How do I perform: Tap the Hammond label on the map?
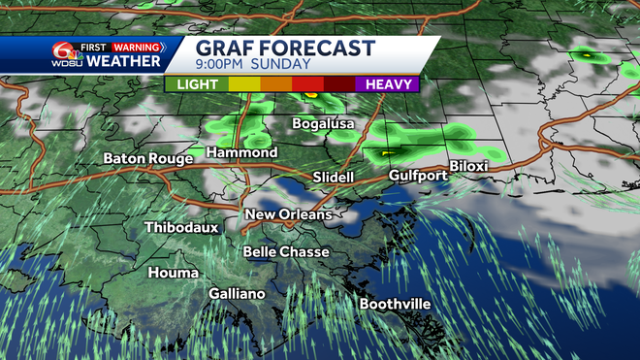pyautogui.click(x=241, y=153)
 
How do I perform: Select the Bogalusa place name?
pyautogui.click(x=324, y=124)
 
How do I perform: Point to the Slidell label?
pyautogui.click(x=336, y=178)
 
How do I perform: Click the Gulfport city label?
pyautogui.click(x=417, y=176)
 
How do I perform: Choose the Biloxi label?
pyautogui.click(x=468, y=167)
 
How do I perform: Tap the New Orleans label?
pyautogui.click(x=288, y=214)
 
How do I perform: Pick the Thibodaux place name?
pyautogui.click(x=181, y=227)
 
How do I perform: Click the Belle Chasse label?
pyautogui.click(x=286, y=252)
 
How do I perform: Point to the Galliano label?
pyautogui.click(x=237, y=294)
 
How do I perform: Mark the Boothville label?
pyautogui.click(x=395, y=305)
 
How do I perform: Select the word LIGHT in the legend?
pyautogui.click(x=197, y=84)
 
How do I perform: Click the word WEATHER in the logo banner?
pyautogui.click(x=123, y=61)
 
